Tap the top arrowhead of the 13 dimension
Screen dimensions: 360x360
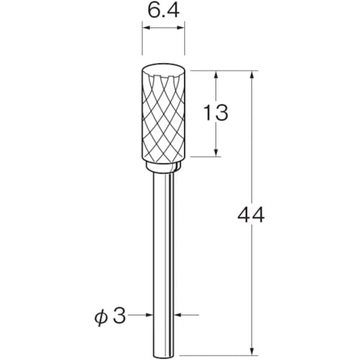(x=216, y=75)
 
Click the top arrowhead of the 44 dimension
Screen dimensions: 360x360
(x=252, y=75)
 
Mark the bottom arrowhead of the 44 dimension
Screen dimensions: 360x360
(x=252, y=332)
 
